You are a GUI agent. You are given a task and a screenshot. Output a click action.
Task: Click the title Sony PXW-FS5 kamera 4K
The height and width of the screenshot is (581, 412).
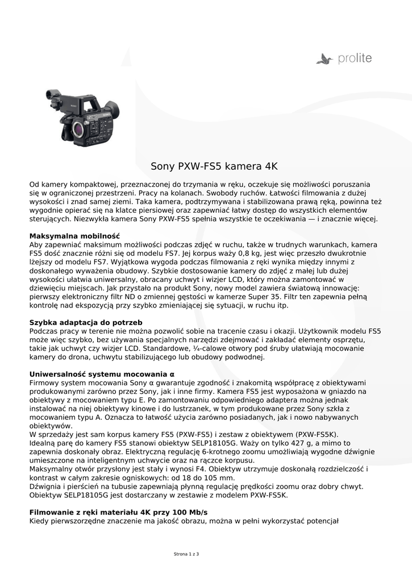[214, 167]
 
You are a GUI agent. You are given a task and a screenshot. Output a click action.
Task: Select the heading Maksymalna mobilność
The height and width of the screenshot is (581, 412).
[74, 235]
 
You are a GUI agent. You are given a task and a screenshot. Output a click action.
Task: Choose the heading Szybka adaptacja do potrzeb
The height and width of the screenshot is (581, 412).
[85, 322]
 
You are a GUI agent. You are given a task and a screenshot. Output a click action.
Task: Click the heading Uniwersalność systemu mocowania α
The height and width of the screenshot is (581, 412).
[102, 374]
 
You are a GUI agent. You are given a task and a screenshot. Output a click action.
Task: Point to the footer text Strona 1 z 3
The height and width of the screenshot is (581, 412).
[186, 553]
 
